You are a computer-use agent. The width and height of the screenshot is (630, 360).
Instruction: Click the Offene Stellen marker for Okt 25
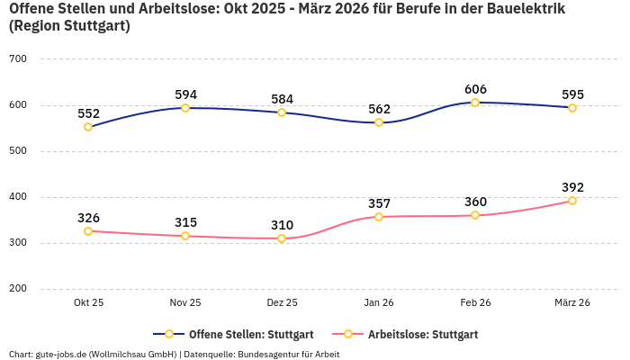point(88,127)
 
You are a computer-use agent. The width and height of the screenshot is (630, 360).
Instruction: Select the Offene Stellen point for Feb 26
point(475,103)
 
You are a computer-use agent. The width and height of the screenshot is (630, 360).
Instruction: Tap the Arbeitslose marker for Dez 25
point(282,238)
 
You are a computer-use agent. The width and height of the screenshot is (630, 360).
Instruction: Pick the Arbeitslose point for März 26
point(572,201)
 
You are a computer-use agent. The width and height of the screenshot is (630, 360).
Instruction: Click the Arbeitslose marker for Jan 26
point(379,217)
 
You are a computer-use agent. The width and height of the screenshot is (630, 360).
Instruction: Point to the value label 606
point(475,89)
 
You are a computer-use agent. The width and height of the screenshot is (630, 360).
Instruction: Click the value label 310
point(282,225)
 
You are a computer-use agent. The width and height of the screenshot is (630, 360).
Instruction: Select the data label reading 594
point(185,94)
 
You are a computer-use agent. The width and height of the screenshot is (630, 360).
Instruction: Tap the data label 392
point(572,187)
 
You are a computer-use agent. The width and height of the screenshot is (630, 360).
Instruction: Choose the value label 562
point(379,109)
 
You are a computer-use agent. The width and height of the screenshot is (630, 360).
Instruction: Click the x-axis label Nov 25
point(185,302)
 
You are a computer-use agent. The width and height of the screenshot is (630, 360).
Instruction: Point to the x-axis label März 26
point(572,302)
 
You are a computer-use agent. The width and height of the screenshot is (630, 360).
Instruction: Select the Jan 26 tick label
point(379,302)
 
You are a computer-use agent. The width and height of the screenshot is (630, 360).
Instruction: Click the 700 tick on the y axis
point(18,59)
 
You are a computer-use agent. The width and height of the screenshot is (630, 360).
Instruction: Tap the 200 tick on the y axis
point(18,289)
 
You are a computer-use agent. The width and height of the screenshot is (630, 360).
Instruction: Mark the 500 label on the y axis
point(18,151)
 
